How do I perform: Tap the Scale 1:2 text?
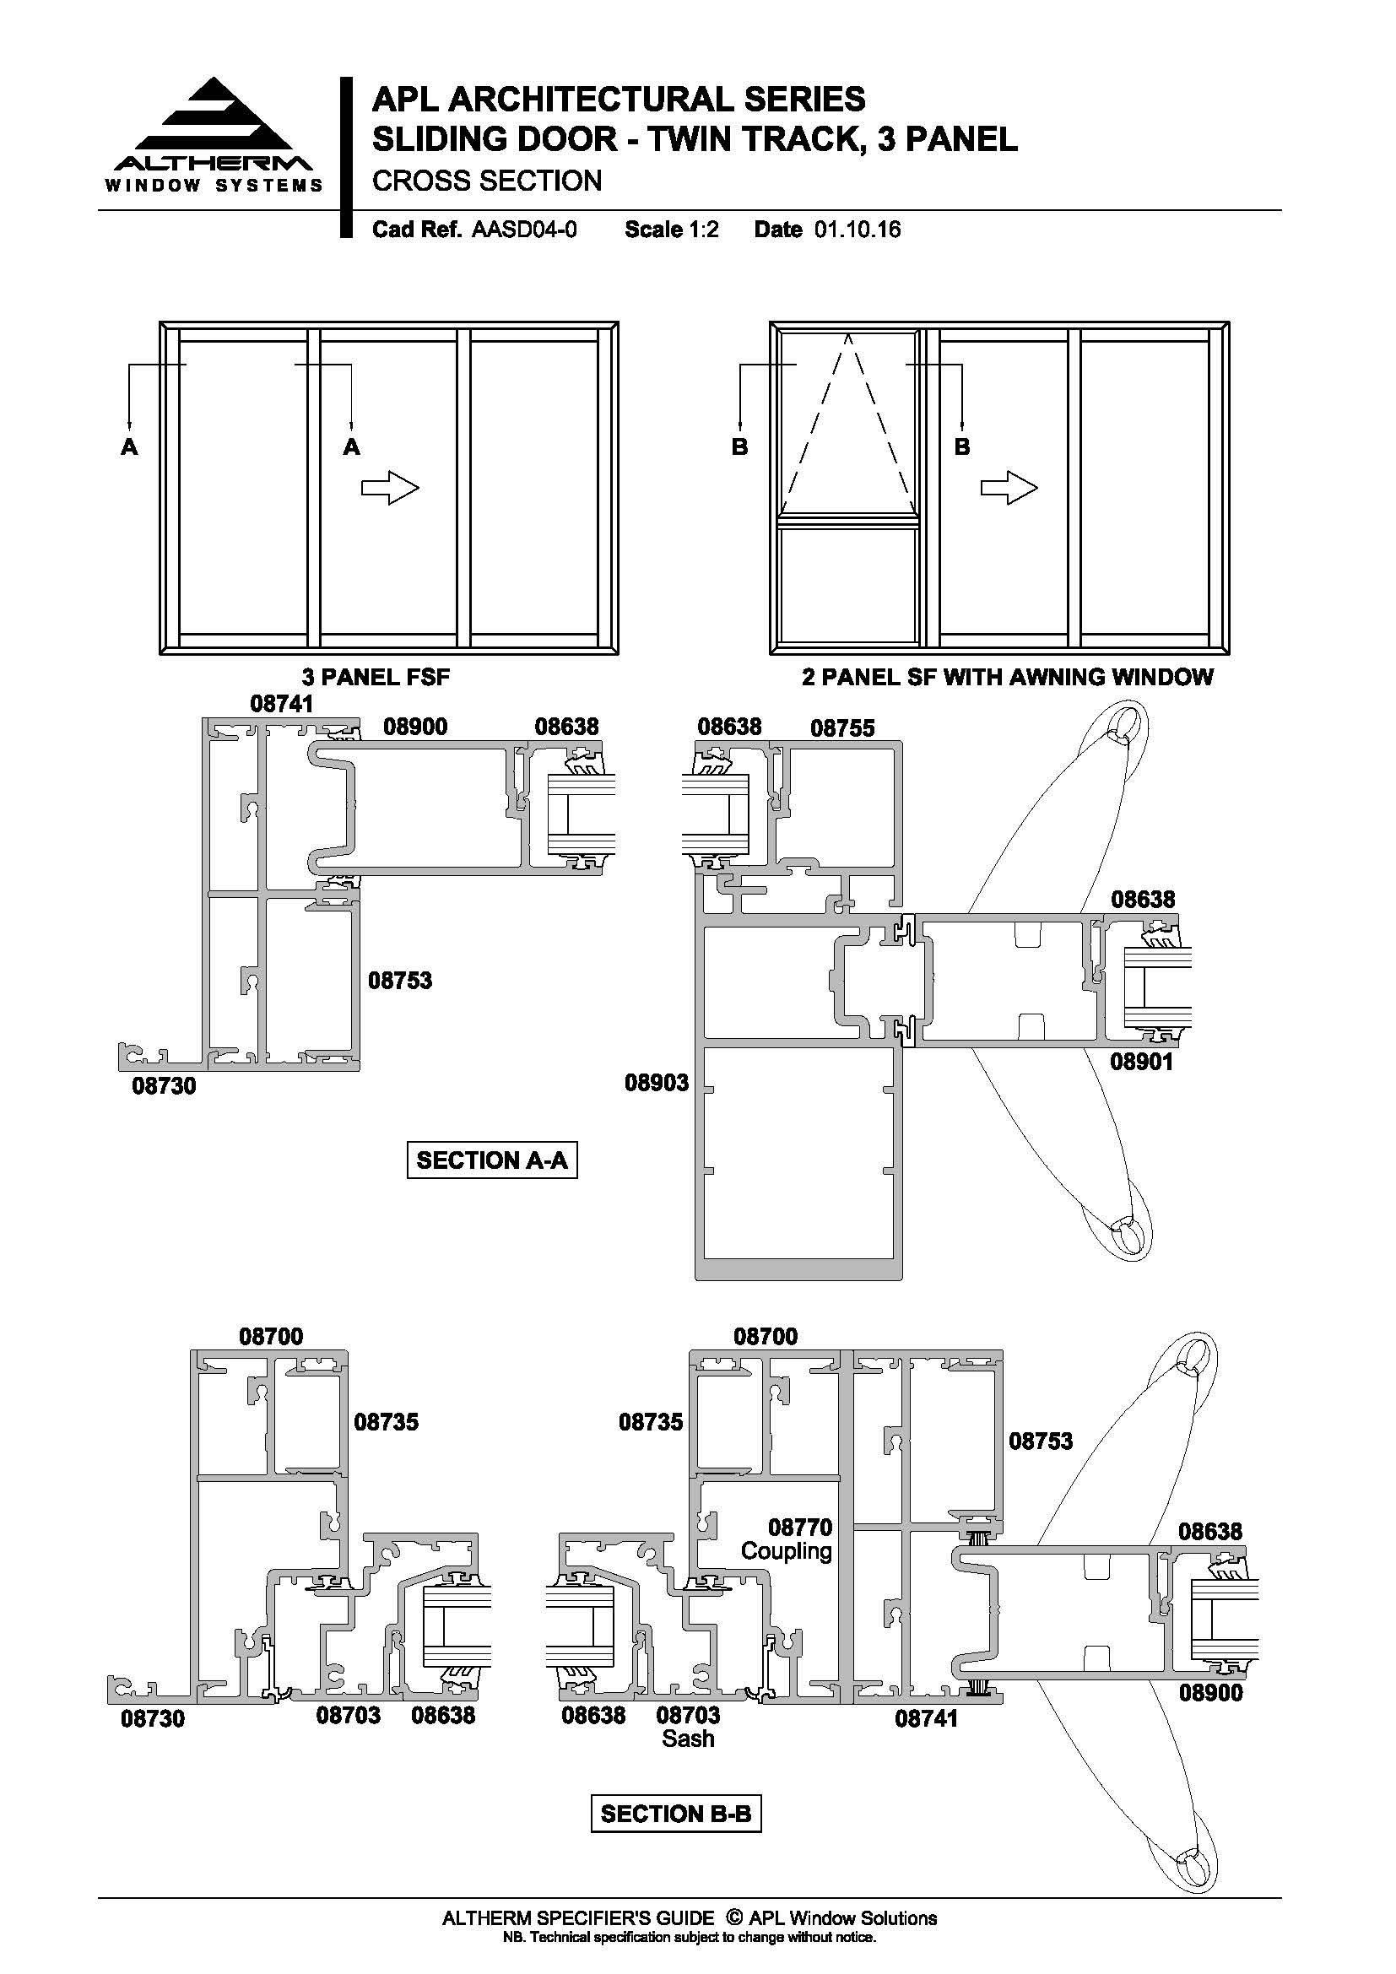click(x=671, y=230)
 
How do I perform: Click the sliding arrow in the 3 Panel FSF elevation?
click(x=390, y=489)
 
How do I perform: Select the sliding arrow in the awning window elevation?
click(x=1009, y=489)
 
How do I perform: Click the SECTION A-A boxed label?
click(x=492, y=1160)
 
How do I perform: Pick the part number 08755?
click(x=842, y=729)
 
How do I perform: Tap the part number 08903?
click(x=657, y=1083)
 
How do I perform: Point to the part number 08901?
click(x=1142, y=1062)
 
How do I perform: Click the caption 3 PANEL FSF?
click(x=376, y=678)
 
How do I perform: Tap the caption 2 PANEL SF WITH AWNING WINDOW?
click(x=1008, y=678)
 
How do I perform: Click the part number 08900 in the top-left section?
click(x=415, y=727)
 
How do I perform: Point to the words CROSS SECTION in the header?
click(x=486, y=181)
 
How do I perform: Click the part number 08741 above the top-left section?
click(x=282, y=703)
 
